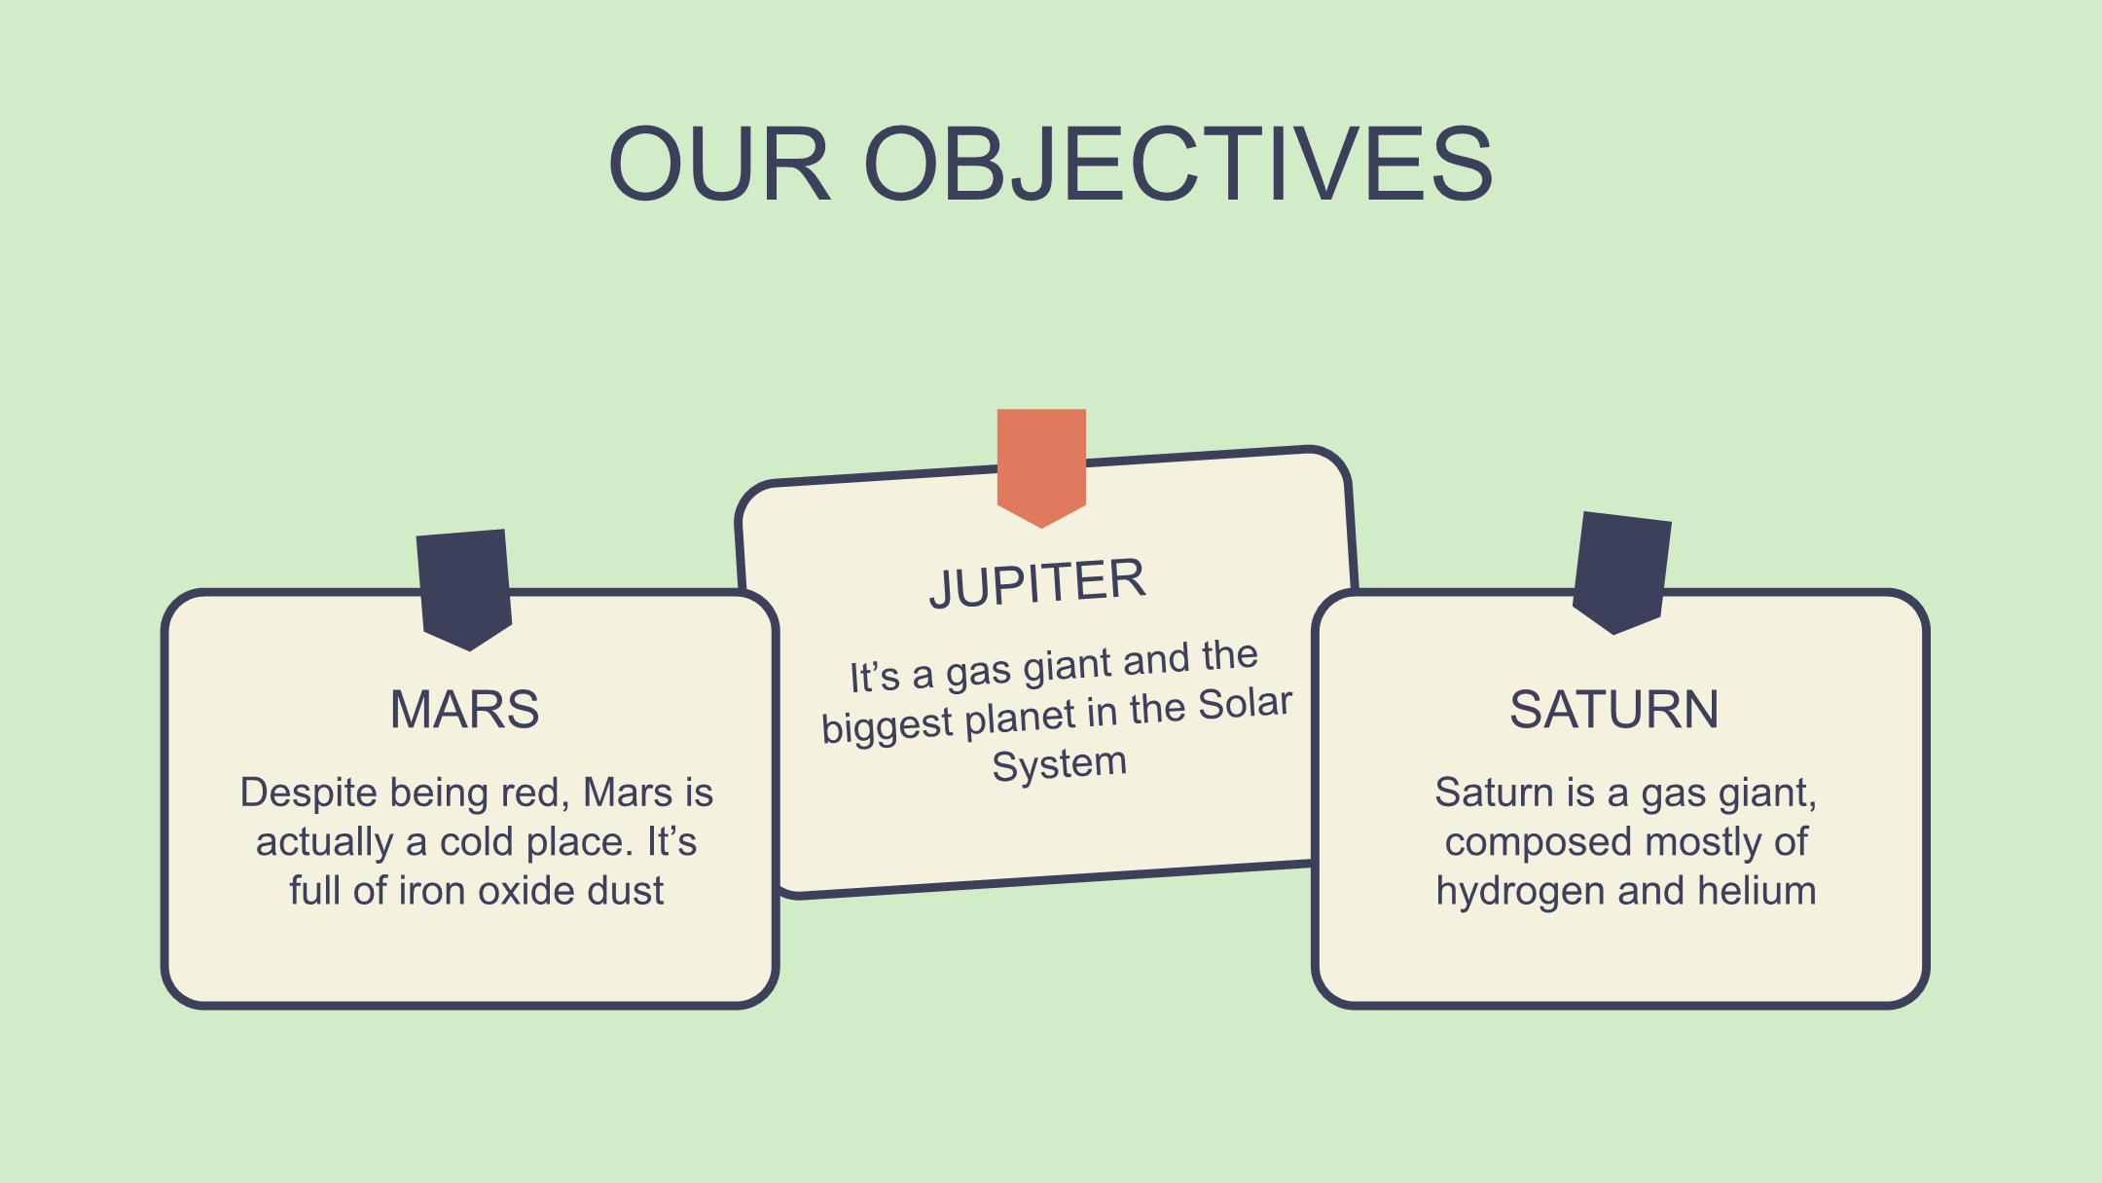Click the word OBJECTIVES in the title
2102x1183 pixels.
pyautogui.click(x=1178, y=164)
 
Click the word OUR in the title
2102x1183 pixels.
pyautogui.click(x=720, y=164)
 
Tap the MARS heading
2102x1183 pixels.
pyautogui.click(x=464, y=709)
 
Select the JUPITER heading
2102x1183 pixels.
pyautogui.click(x=1037, y=582)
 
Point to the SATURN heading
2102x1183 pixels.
pyautogui.click(x=1614, y=709)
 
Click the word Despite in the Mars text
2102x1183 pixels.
pyautogui.click(x=308, y=794)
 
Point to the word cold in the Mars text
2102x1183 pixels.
pyautogui.click(x=477, y=842)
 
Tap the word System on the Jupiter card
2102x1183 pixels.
pyautogui.click(x=1060, y=764)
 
